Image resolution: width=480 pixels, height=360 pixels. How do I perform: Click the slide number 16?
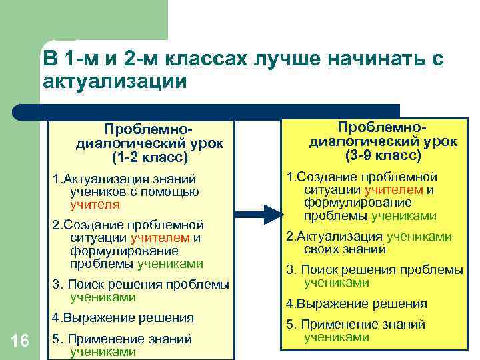pyautogui.click(x=20, y=341)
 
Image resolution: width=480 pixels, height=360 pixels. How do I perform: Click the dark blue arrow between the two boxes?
pyautogui.click(x=261, y=214)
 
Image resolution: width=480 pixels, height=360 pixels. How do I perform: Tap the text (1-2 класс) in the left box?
pyautogui.click(x=150, y=159)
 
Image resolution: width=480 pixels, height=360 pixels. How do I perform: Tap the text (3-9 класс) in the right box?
pyautogui.click(x=383, y=155)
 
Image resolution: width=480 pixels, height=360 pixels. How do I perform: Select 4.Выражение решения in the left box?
pyautogui.click(x=123, y=317)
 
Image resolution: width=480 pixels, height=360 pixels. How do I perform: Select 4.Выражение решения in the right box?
pyautogui.click(x=357, y=303)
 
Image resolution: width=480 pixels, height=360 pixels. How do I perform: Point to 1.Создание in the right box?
pyautogui.click(x=321, y=177)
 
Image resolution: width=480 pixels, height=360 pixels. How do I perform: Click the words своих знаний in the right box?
pyautogui.click(x=345, y=249)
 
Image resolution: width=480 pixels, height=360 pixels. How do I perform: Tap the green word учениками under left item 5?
pyautogui.click(x=103, y=351)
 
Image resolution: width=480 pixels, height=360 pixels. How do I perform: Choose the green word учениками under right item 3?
pyautogui.click(x=337, y=282)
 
